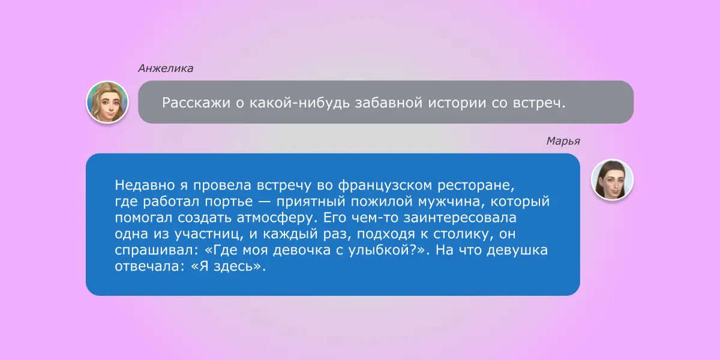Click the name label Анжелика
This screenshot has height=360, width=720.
pos(166,68)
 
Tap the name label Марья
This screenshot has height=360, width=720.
pos(563,142)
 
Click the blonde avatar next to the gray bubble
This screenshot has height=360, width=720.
pos(107,102)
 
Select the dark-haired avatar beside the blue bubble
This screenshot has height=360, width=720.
pos(612,179)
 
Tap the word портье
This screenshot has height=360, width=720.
pos(229,202)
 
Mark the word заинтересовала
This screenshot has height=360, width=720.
pos(460,218)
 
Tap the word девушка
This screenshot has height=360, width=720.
pos(517,250)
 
